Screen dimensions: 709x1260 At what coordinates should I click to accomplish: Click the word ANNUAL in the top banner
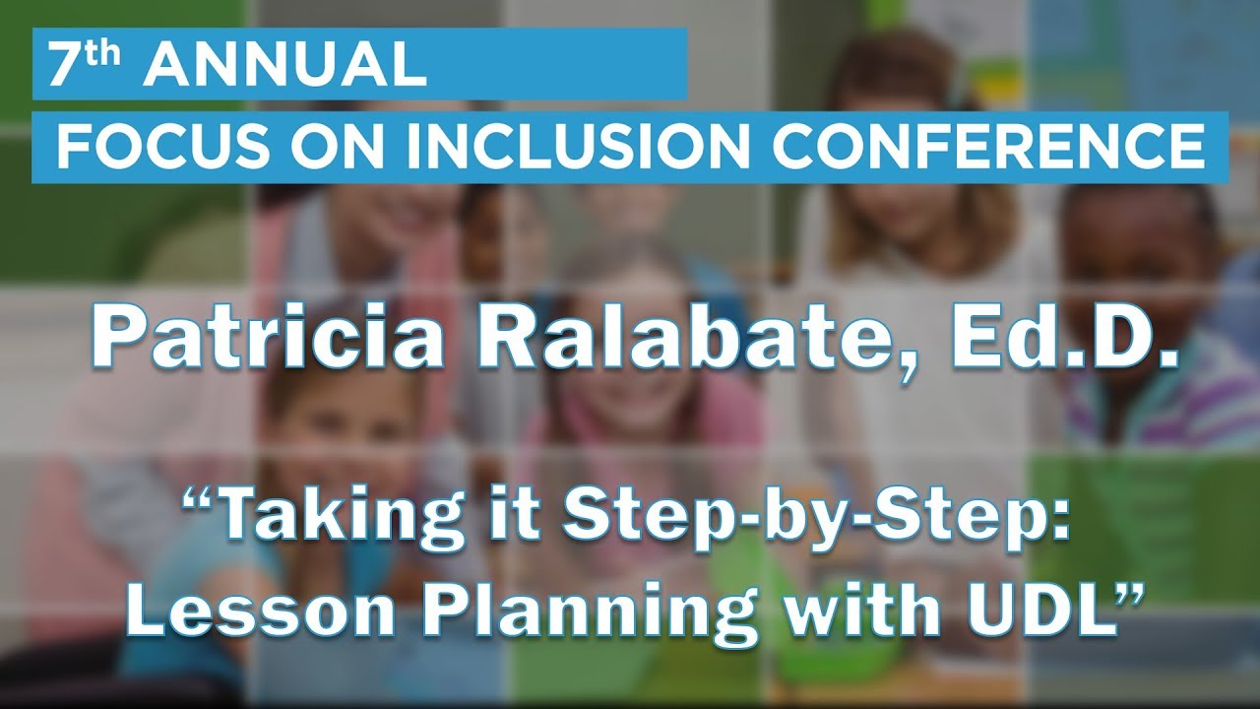tap(285, 65)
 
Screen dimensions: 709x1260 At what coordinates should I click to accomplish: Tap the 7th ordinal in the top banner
tap(86, 65)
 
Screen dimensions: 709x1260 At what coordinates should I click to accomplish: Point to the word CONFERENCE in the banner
tap(988, 147)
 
